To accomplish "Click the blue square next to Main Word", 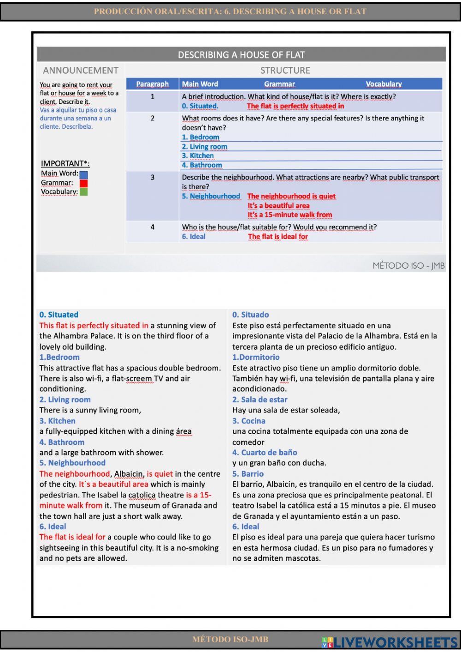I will [x=83, y=175].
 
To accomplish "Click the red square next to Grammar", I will [x=83, y=183].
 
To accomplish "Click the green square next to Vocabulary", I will [x=83, y=191].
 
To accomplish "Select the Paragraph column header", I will [x=152, y=84].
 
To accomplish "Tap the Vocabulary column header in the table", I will [x=384, y=84].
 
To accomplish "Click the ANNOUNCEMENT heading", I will [x=81, y=71].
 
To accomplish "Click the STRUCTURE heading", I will [x=285, y=71].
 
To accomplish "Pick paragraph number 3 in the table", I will [x=153, y=177].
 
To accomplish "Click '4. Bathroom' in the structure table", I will [x=202, y=165].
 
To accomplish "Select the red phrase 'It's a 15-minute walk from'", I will [x=290, y=215].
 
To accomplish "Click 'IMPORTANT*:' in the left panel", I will [x=65, y=163].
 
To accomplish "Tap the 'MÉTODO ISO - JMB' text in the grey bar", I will [x=408, y=265].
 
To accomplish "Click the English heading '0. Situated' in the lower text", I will [x=59, y=315].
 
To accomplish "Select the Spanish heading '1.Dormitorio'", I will [x=255, y=357].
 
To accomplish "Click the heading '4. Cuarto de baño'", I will [x=265, y=453].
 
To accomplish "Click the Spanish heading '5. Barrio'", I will [x=248, y=474].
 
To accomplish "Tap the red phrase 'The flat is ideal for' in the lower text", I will [x=72, y=537].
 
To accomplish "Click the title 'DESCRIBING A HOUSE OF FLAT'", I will [x=241, y=55].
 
